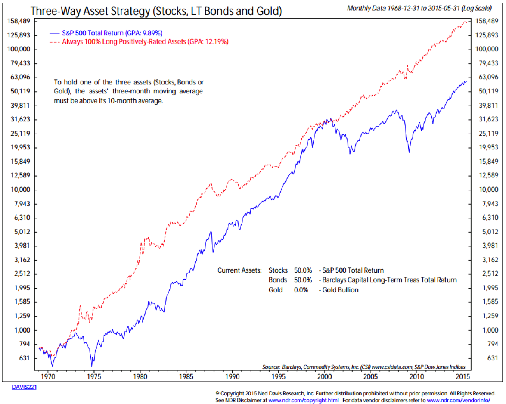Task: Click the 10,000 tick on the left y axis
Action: coord(19,190)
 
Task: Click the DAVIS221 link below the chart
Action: coord(24,387)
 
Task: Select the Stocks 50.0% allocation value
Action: coord(303,270)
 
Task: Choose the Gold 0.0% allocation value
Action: coord(301,290)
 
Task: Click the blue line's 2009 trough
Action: coord(409,152)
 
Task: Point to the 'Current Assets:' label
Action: coord(239,270)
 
